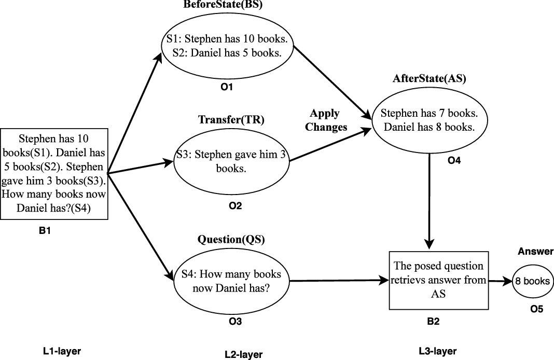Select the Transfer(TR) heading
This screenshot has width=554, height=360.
pyautogui.click(x=231, y=120)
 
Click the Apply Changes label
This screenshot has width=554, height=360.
pyautogui.click(x=325, y=120)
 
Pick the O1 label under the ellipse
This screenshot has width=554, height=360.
pyautogui.click(x=227, y=87)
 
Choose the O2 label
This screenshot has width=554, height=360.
pyautogui.click(x=235, y=206)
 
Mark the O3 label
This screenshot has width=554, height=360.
pyautogui.click(x=235, y=322)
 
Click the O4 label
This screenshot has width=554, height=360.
pyautogui.click(x=454, y=161)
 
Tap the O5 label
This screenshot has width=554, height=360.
pyautogui.click(x=536, y=310)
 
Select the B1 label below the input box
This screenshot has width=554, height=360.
pyautogui.click(x=45, y=231)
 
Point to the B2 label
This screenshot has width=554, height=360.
pyautogui.click(x=433, y=322)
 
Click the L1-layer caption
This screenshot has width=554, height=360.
pyautogui.click(x=62, y=352)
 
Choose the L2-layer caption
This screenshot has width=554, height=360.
pyautogui.click(x=244, y=355)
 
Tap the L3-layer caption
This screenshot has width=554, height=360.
pyautogui.click(x=438, y=352)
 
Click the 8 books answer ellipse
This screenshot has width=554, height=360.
pyautogui.click(x=532, y=281)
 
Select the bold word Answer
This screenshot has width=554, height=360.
pyautogui.click(x=536, y=252)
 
